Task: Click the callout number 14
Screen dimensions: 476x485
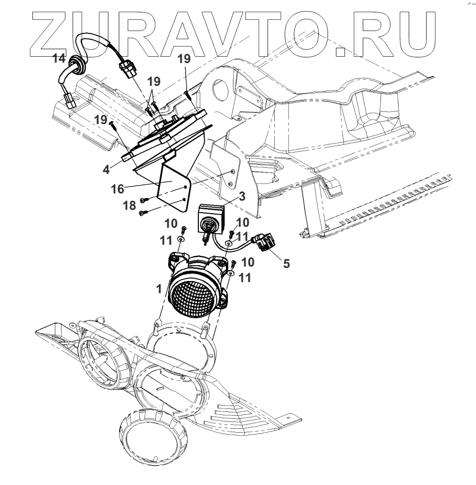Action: pos(59,59)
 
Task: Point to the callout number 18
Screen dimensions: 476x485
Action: pos(129,206)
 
